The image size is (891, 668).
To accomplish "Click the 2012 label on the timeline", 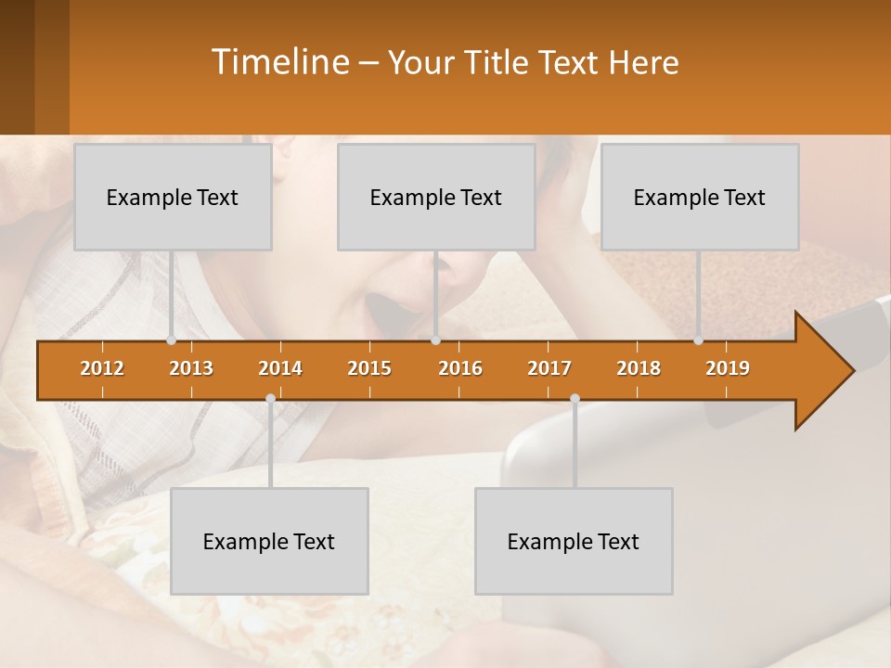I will coord(102,368).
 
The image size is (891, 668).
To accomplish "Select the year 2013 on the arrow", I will coord(191,368).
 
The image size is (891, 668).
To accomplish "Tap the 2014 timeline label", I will coord(280,368).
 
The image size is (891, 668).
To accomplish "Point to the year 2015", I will coord(369,368).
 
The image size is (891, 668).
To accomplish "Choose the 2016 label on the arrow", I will coord(460,368).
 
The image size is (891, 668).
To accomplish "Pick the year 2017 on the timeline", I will coord(549,368).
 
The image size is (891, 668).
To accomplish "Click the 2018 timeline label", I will coord(639,368).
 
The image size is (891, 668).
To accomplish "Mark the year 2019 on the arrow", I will coord(728,368).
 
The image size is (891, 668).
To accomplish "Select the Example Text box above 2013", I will coord(173,198).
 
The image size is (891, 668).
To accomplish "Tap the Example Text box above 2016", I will coord(436,198).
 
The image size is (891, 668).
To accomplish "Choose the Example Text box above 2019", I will coord(700,198).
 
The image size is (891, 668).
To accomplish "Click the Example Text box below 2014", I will coord(269,542).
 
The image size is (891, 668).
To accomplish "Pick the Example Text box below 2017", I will coord(574,542).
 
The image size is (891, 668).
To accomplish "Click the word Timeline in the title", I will coord(279,62).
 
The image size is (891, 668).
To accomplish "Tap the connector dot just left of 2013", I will coord(171,340).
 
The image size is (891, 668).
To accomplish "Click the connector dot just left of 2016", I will coord(435,340).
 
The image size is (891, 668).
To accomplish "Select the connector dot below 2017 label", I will coord(575,399).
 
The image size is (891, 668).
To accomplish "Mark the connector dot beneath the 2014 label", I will coord(270,399).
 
